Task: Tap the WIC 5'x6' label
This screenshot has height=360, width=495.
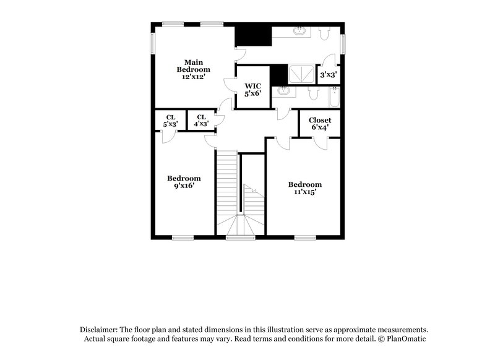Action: pos(252,90)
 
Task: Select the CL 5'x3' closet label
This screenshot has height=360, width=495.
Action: pos(170,120)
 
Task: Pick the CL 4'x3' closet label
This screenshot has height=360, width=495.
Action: pos(201,120)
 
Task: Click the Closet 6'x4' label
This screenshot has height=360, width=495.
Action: pos(320,123)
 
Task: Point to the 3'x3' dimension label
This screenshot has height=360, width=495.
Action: pos(328,75)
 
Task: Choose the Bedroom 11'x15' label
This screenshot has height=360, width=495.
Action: pos(305,188)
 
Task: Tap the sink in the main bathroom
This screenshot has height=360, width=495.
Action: pos(299,30)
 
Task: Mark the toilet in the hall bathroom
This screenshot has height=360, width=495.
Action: pos(312,94)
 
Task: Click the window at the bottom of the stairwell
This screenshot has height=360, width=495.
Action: pos(240,236)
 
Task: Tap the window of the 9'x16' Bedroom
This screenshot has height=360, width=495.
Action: pos(183,236)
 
